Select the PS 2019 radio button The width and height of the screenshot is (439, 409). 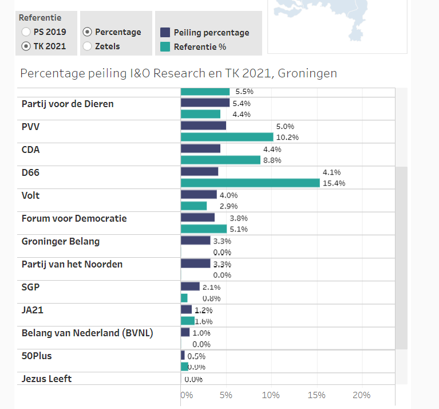tap(26, 32)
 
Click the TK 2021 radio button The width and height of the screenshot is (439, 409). tap(26, 46)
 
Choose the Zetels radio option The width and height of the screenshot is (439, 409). tap(87, 46)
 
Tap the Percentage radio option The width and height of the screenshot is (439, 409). tap(87, 32)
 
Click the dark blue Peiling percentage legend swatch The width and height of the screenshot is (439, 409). tap(165, 33)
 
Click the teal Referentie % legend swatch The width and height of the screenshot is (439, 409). tap(165, 47)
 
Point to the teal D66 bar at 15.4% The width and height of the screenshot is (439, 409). tap(250, 183)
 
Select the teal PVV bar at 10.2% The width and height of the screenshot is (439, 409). tap(227, 137)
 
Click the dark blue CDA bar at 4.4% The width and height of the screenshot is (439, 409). tap(200, 149)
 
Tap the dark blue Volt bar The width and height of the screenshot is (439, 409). tap(199, 195)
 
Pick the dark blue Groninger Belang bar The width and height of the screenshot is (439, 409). tap(196, 241)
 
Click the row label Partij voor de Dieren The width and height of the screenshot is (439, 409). tap(68, 104)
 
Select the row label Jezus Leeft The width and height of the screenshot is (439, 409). tap(46, 379)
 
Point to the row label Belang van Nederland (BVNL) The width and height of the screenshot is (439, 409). tap(87, 333)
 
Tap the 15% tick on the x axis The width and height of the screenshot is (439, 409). tap(316, 395)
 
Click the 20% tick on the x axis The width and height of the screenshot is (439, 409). tap(361, 395)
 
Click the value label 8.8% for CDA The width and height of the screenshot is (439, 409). tap(272, 160)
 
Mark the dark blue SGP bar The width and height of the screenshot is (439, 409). tap(190, 286)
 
